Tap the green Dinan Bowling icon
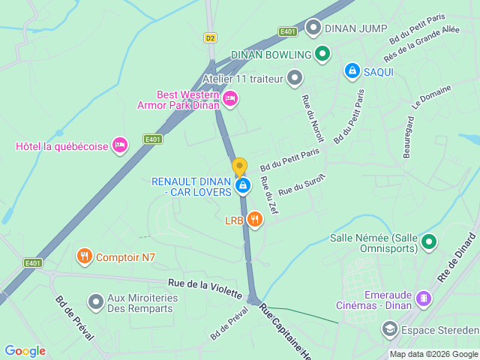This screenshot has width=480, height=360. point(322,54)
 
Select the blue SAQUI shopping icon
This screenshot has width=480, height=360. point(352,70)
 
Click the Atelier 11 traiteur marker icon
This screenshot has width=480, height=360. point(295,77)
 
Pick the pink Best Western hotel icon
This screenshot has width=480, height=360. point(230,98)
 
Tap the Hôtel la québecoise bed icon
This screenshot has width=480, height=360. point(119,145)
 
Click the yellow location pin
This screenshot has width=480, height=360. point(239,167)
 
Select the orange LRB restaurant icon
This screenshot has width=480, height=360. point(255,219)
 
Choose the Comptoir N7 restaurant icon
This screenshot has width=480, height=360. point(84,257)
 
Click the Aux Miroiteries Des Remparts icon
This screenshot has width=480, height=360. point(96,301)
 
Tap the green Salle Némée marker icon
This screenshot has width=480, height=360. point(428,241)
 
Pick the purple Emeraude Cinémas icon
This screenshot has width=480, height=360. point(424,298)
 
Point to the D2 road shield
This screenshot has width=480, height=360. point(210,37)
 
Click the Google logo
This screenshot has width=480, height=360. point(25,350)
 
